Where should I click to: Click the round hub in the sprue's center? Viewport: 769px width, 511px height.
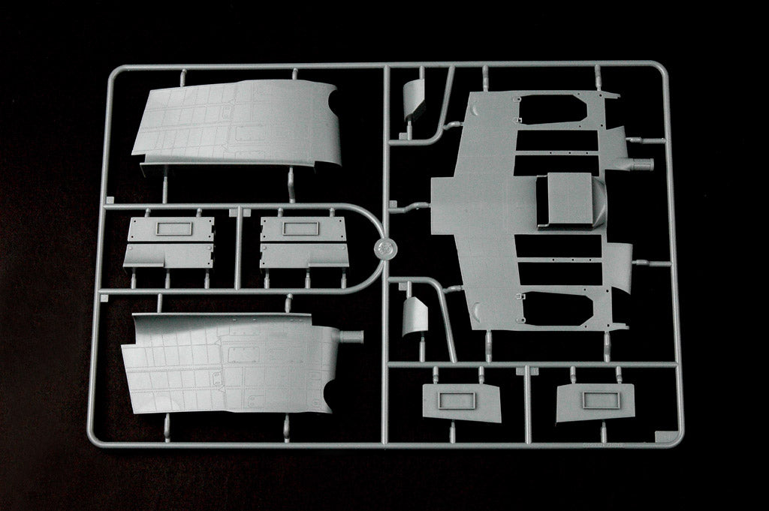(x=384, y=249)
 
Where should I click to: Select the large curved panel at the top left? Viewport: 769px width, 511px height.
(x=237, y=124)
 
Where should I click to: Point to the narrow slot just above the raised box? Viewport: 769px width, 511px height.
(x=559, y=164)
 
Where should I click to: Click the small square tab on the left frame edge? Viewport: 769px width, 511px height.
(x=110, y=201)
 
